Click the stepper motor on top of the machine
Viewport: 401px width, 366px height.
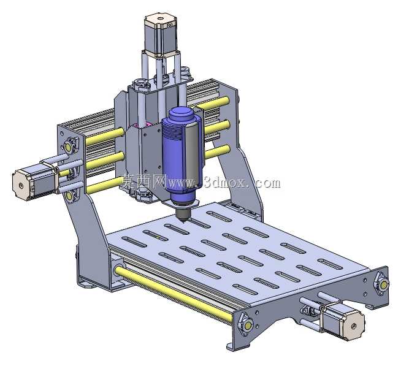tap(161, 35)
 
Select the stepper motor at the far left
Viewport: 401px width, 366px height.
tap(35, 181)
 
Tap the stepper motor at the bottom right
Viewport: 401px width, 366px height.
tap(342, 320)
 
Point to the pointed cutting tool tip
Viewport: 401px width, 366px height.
tap(183, 221)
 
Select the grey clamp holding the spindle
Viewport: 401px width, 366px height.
tap(194, 151)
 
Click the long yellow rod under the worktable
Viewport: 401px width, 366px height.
tap(174, 292)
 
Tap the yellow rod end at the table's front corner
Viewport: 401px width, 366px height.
tap(248, 325)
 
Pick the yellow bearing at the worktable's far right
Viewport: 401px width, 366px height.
tap(383, 284)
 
